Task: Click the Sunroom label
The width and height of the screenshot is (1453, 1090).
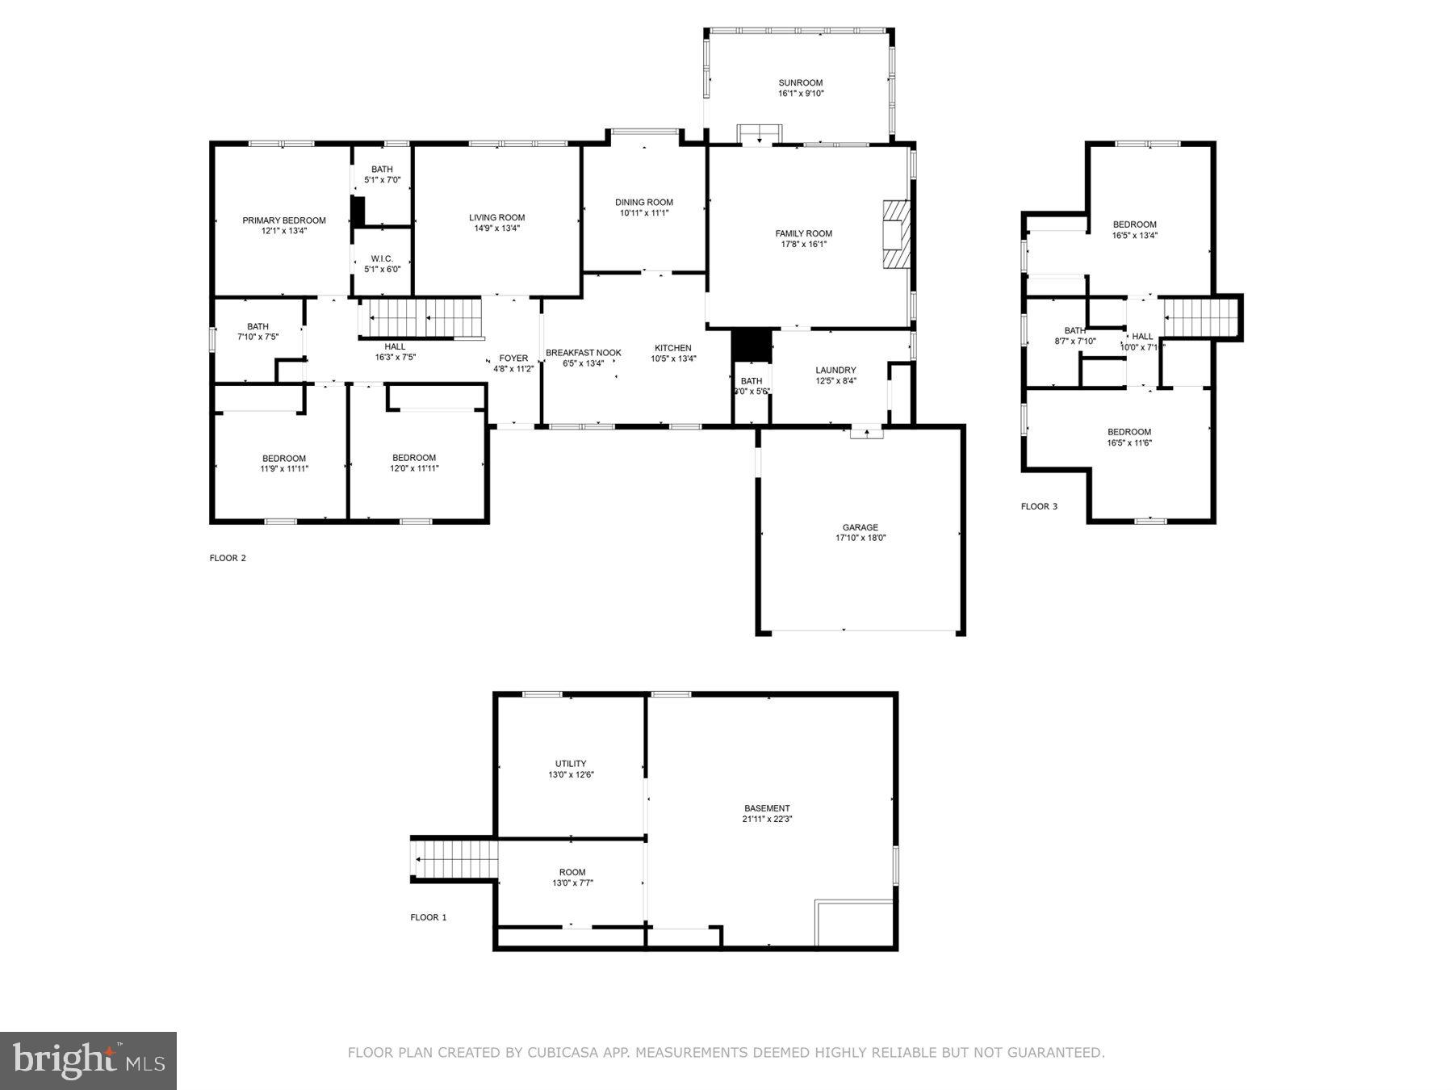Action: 800,82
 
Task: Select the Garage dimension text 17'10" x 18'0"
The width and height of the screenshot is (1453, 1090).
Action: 860,538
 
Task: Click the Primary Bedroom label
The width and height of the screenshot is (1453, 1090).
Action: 284,220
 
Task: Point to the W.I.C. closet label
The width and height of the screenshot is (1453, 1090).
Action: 382,258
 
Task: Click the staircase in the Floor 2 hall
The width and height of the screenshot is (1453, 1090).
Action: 421,317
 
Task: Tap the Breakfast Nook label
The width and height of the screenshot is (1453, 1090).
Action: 583,353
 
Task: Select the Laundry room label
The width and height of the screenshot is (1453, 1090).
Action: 835,370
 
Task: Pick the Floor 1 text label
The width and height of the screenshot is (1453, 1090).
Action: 428,917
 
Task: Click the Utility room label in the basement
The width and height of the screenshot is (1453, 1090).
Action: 571,764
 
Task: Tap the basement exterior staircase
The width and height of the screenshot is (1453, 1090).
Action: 454,859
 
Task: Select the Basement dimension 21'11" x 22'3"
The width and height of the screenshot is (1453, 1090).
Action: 767,819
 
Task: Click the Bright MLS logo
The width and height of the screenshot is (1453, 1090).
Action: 88,1060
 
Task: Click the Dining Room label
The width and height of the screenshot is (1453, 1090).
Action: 643,203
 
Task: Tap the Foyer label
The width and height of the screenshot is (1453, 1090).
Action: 513,358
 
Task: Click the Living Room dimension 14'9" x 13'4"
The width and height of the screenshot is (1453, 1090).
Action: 496,228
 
